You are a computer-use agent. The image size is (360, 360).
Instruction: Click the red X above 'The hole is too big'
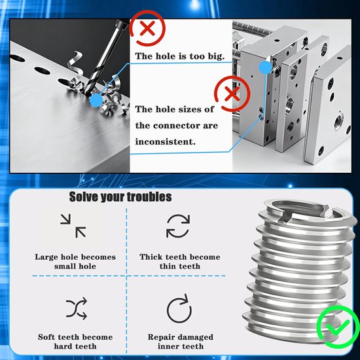coord(147,28)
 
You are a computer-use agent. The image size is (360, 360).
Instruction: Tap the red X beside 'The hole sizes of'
coord(232,94)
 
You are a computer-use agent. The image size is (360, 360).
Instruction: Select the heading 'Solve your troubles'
coord(120,197)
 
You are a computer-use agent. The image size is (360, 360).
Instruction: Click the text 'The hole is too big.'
coord(180,56)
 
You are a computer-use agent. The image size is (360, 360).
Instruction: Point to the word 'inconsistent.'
coord(166,141)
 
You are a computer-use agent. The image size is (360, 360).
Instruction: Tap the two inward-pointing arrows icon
coord(73,226)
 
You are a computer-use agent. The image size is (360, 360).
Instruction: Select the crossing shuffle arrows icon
coord(76,308)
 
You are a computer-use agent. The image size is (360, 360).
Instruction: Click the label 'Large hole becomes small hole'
coord(75,262)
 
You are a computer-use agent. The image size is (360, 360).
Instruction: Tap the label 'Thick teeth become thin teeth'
coord(180,262)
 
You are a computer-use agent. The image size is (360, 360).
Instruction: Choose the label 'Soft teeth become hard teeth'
coord(75,342)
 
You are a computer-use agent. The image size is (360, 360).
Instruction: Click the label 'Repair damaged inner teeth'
coord(181,342)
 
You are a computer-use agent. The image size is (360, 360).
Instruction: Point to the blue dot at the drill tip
coord(96,100)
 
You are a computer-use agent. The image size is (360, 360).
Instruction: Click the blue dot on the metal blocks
coord(266,67)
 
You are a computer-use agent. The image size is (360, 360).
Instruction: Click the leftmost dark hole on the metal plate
coord(18,58)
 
